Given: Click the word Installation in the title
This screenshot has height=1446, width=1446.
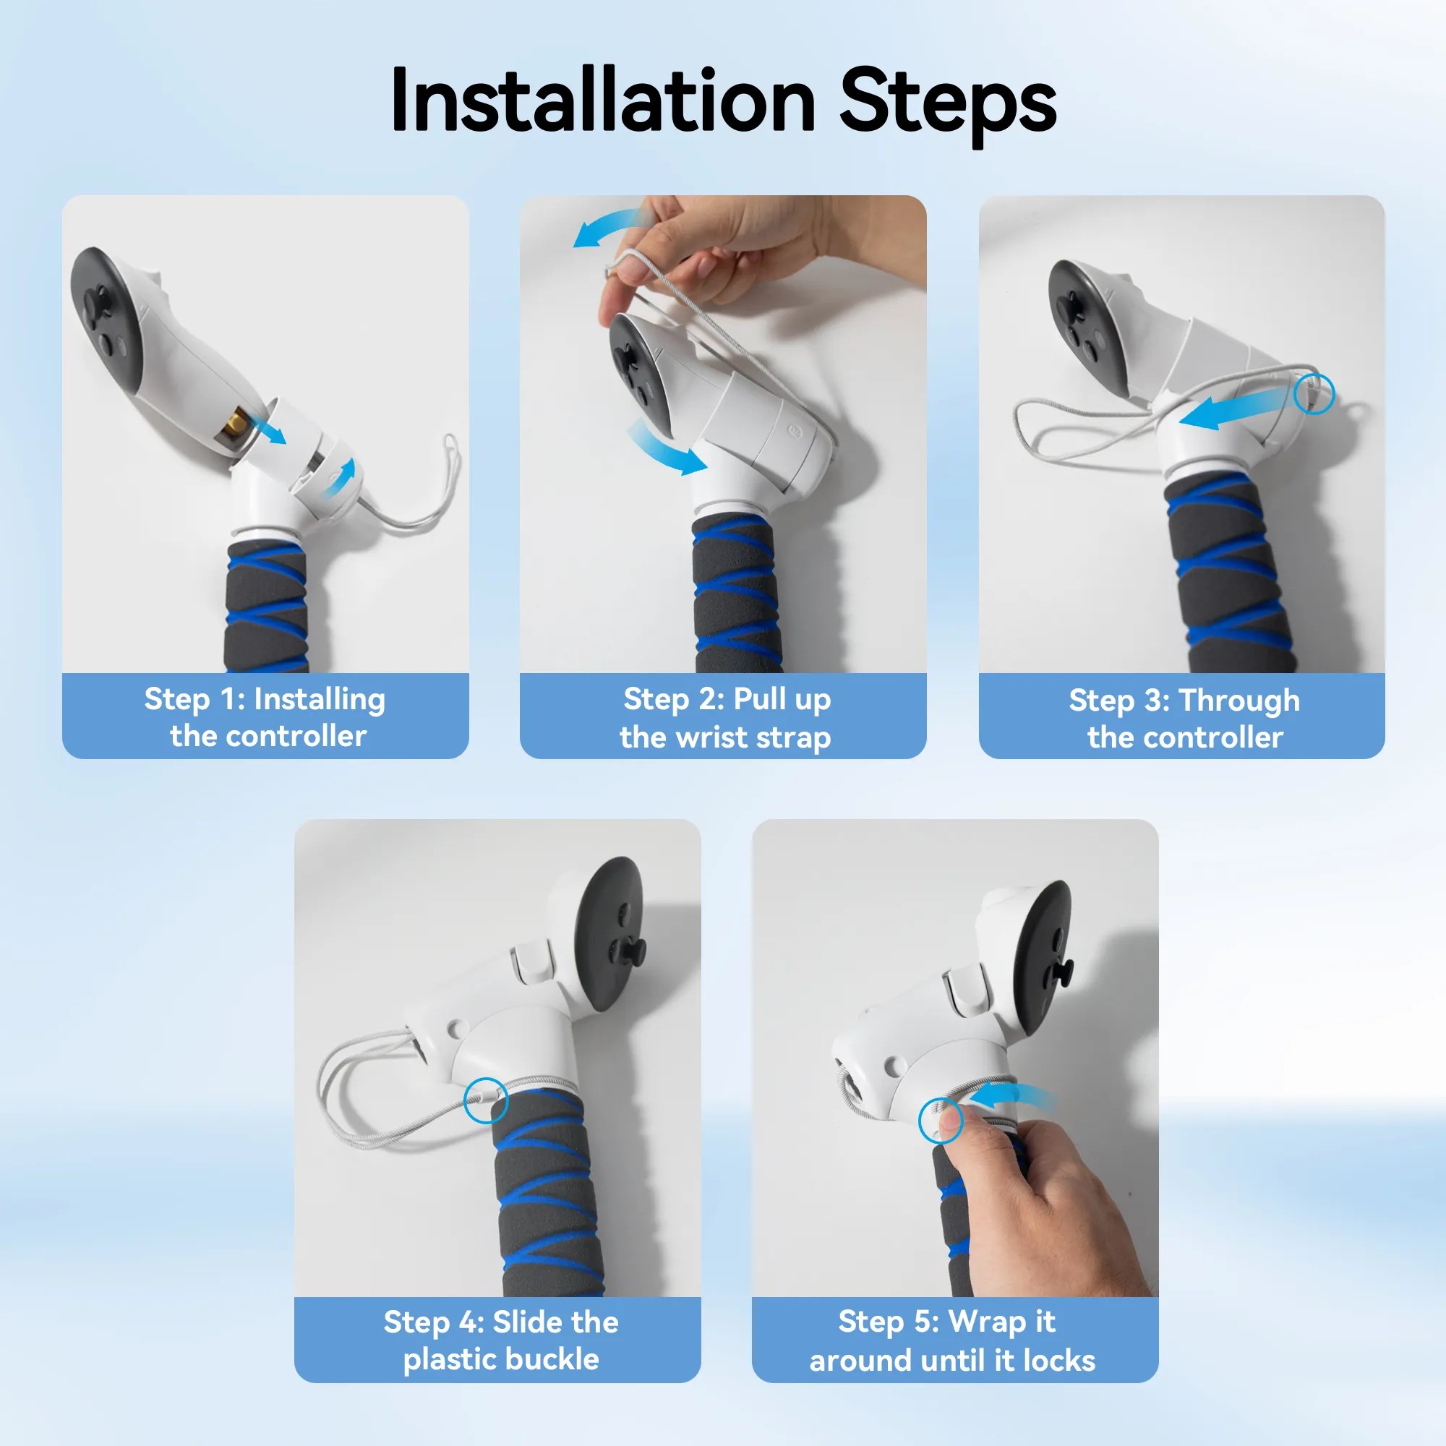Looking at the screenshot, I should (602, 101).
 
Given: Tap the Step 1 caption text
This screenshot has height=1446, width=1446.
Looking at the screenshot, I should (265, 717).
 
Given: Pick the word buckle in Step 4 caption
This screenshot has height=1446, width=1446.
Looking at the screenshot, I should (553, 1359).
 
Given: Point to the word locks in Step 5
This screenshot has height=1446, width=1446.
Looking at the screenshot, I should (1058, 1360).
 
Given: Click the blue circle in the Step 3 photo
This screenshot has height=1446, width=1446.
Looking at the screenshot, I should (1314, 393).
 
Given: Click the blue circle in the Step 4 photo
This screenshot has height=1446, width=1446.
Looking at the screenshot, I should (485, 1100).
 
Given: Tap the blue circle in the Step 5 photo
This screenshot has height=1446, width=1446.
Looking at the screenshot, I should (941, 1121).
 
